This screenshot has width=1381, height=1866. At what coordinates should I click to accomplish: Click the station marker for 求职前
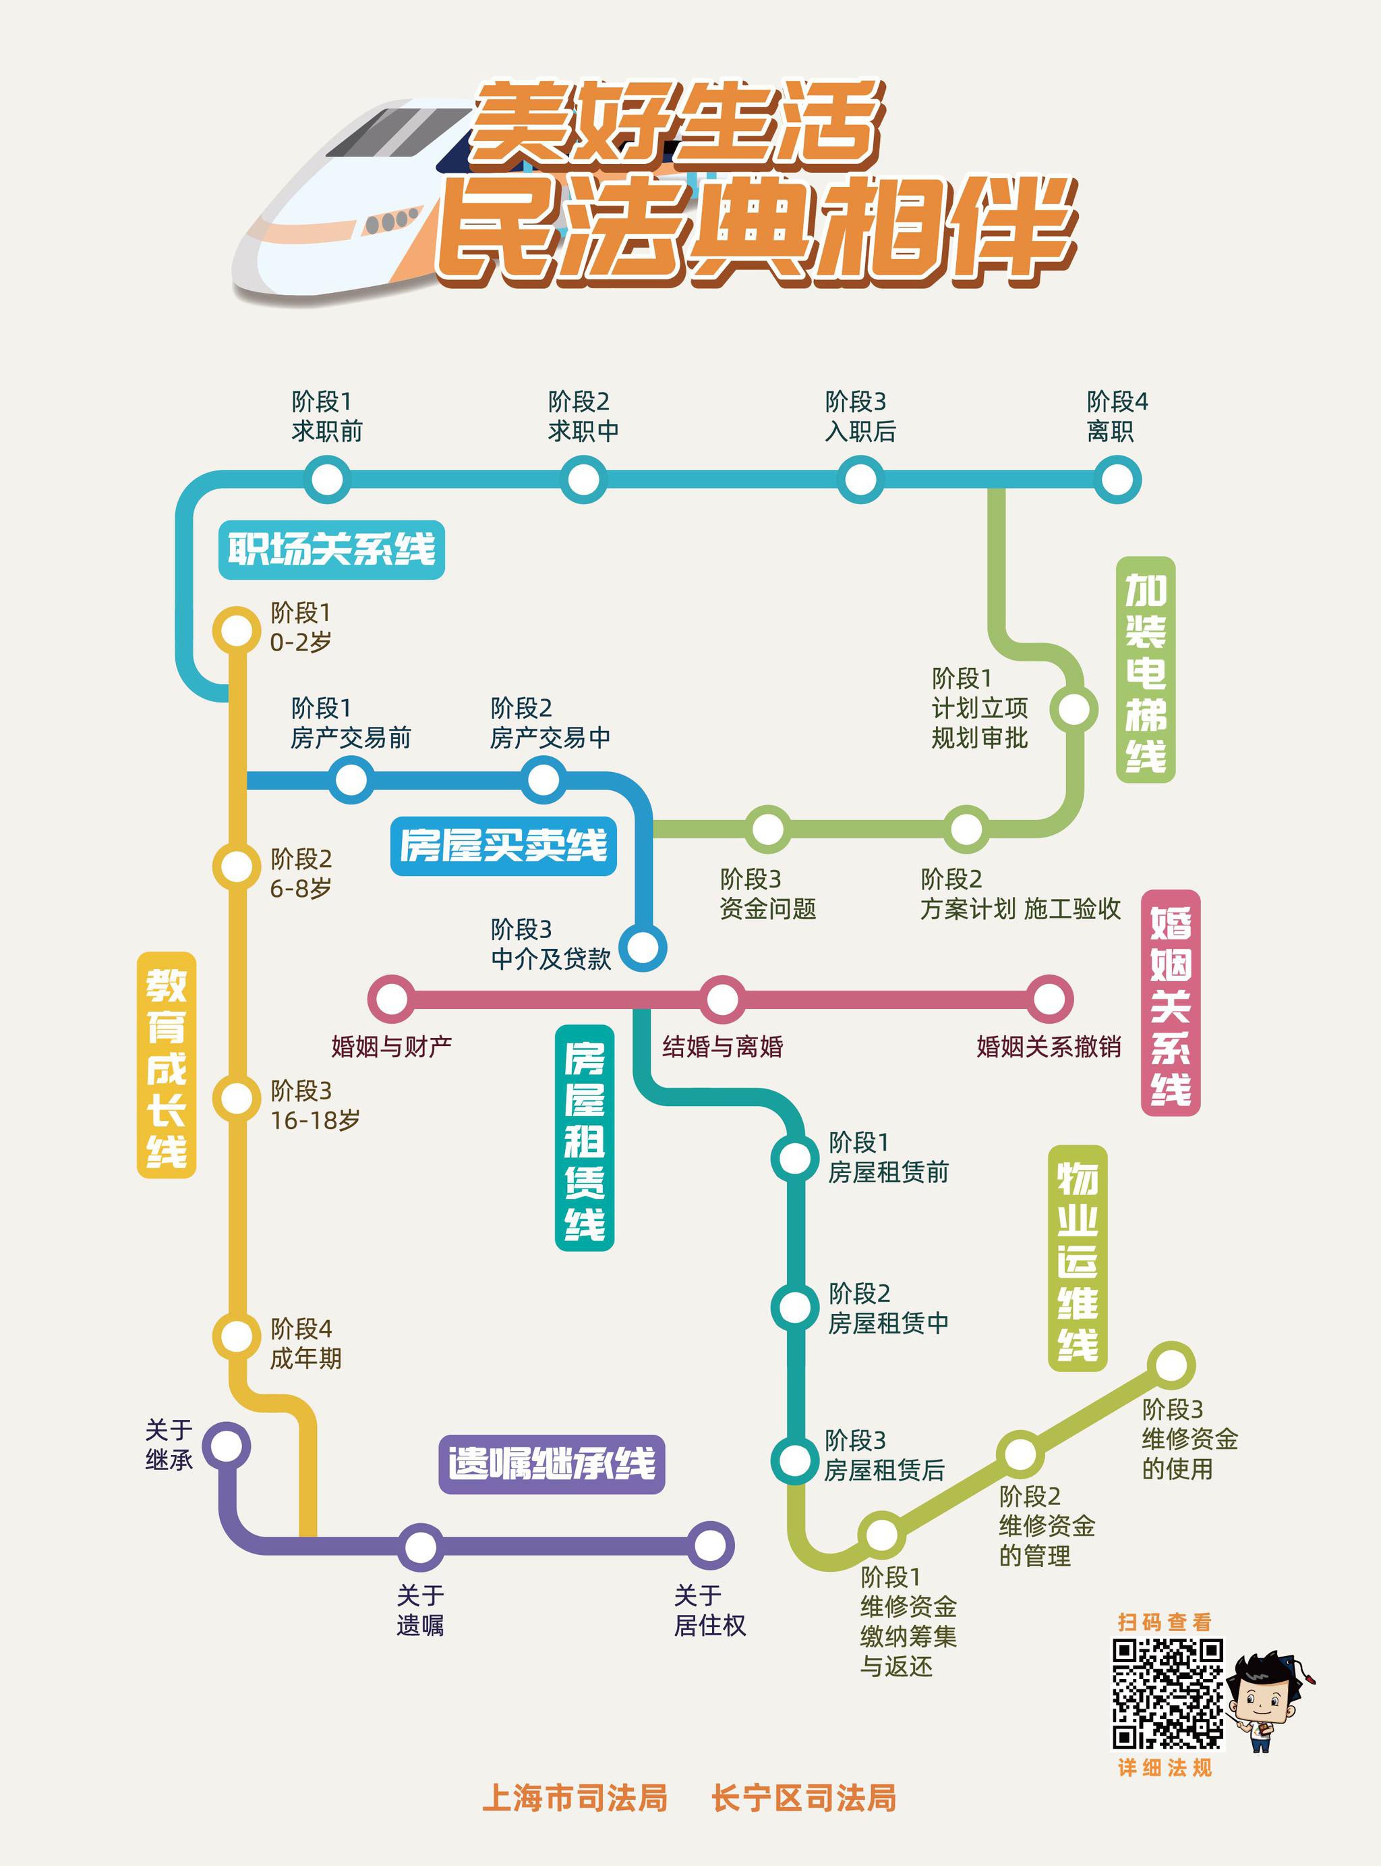327,480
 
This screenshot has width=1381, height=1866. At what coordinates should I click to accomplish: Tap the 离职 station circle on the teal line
1116,480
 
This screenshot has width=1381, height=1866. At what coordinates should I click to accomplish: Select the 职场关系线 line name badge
331,549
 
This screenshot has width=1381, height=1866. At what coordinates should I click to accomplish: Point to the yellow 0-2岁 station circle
237,630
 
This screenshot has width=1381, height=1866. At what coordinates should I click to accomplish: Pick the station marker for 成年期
237,1336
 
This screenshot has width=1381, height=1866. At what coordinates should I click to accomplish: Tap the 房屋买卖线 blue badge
503,846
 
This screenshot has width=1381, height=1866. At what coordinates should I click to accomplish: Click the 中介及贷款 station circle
643,948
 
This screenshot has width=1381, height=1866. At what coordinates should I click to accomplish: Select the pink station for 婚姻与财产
391,999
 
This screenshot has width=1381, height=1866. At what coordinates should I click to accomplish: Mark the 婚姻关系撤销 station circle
1049,999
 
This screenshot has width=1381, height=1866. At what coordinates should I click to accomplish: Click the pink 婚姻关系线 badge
1171,1003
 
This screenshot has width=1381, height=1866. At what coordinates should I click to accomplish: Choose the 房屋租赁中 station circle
794,1307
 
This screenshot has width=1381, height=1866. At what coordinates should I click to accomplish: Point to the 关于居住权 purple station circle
710,1545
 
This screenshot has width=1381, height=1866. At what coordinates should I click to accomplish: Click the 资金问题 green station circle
767,829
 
